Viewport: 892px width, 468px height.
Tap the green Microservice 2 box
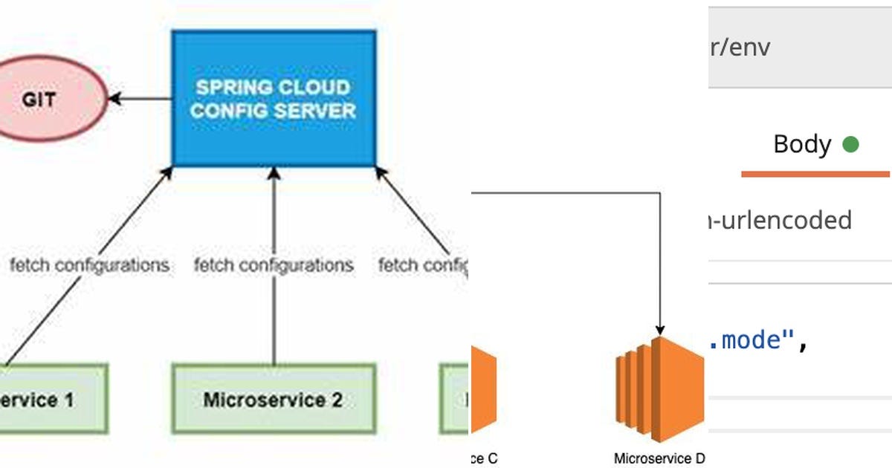pos(274,399)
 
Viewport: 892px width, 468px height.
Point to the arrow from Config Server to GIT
pos(141,98)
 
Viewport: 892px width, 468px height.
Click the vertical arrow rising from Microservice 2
pos(274,312)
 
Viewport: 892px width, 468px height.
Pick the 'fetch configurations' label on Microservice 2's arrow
pos(274,264)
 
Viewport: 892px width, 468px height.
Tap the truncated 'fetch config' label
pos(422,264)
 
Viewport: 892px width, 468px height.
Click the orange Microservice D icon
pos(659,389)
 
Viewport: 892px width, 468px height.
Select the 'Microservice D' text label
pos(659,458)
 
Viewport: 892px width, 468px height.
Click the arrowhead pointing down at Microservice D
pos(659,329)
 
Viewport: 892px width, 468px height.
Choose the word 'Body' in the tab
pos(801,144)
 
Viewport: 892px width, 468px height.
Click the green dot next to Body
pos(850,144)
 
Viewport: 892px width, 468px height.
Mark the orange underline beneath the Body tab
pos(815,174)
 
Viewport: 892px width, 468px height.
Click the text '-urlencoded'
pos(780,220)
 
